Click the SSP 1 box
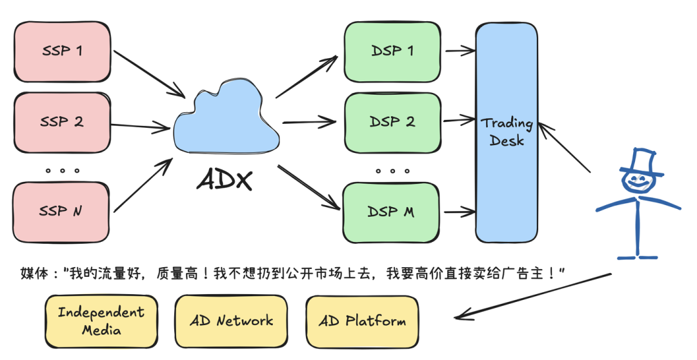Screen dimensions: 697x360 point(62,52)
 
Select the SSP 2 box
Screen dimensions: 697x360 point(62,122)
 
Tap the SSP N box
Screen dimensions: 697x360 point(61,212)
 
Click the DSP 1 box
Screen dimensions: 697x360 point(392,52)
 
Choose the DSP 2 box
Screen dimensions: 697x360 point(392,122)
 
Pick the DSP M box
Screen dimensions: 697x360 point(391,212)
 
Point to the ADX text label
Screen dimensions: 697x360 point(225,180)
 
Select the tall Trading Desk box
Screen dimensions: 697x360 point(507,132)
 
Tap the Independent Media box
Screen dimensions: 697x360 point(101,321)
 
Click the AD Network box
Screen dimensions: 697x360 point(231,321)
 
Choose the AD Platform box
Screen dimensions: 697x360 point(362,321)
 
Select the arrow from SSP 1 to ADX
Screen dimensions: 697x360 point(149,74)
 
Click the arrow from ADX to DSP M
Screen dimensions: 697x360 point(309,187)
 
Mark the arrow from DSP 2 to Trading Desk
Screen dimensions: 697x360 point(460,120)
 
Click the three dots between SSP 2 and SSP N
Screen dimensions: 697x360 point(62,170)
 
